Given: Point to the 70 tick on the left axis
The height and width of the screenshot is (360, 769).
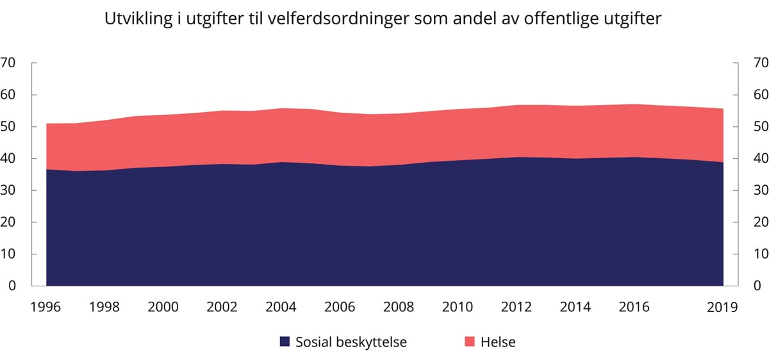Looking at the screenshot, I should point(8,63).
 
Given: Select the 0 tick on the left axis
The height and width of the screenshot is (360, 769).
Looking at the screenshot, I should point(12,286).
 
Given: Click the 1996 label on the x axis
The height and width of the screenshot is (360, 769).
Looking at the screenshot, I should point(45,307).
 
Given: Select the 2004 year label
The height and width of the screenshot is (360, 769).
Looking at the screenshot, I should point(281,307).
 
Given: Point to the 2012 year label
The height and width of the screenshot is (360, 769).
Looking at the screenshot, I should point(517,307).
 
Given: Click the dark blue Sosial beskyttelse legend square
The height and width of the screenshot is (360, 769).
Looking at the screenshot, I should point(285,342).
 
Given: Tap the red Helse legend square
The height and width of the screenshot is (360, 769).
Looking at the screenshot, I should point(470,342).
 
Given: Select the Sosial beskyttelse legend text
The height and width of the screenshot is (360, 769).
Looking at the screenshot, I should point(351,342).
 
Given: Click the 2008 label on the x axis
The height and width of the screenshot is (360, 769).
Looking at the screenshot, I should point(399,307).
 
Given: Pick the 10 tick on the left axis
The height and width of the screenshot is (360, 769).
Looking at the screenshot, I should point(8,254).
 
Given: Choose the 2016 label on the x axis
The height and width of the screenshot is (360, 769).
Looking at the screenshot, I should point(634,307).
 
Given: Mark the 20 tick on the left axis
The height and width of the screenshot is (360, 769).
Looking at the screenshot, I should point(8,222).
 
